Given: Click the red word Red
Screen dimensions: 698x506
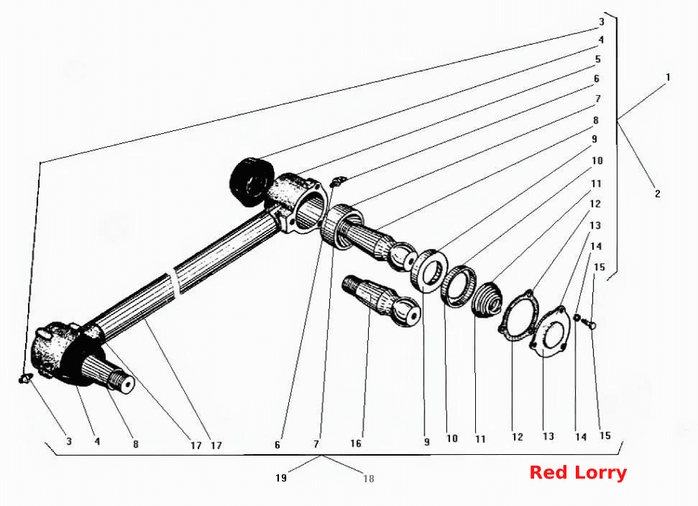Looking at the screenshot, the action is point(548,473).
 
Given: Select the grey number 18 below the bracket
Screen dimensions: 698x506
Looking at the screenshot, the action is point(369,479).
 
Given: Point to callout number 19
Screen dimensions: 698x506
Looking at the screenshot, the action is point(281,478).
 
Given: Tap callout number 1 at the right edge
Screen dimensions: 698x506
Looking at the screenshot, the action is point(668,77).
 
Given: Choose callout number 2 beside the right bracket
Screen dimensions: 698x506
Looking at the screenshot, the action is point(658,194).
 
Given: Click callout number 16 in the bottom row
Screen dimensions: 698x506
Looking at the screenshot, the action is point(356,443).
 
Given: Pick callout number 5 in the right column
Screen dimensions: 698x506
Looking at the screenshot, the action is point(598,59).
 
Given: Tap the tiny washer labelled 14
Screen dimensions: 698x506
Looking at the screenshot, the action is point(577,317).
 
